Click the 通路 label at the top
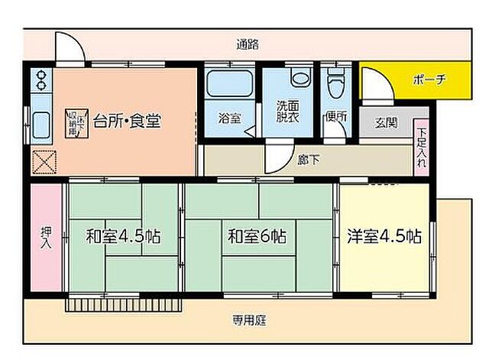click(248, 44)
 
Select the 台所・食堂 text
click(127, 121)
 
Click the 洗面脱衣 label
click(289, 113)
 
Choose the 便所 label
click(335, 118)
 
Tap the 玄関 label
click(387, 123)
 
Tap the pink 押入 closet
click(45, 236)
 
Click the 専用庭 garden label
click(249, 321)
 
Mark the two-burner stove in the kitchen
click(40, 79)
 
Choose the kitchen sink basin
click(40, 122)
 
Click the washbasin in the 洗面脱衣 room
click(299, 77)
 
